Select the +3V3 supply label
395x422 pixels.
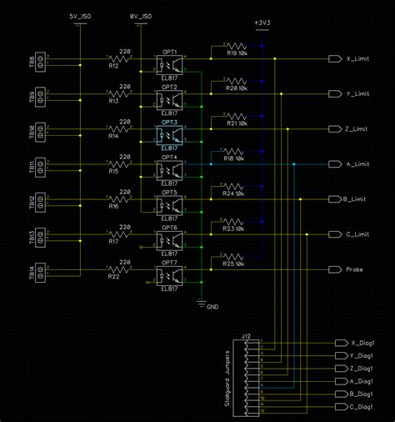click(x=262, y=22)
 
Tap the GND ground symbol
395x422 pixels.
click(x=202, y=304)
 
